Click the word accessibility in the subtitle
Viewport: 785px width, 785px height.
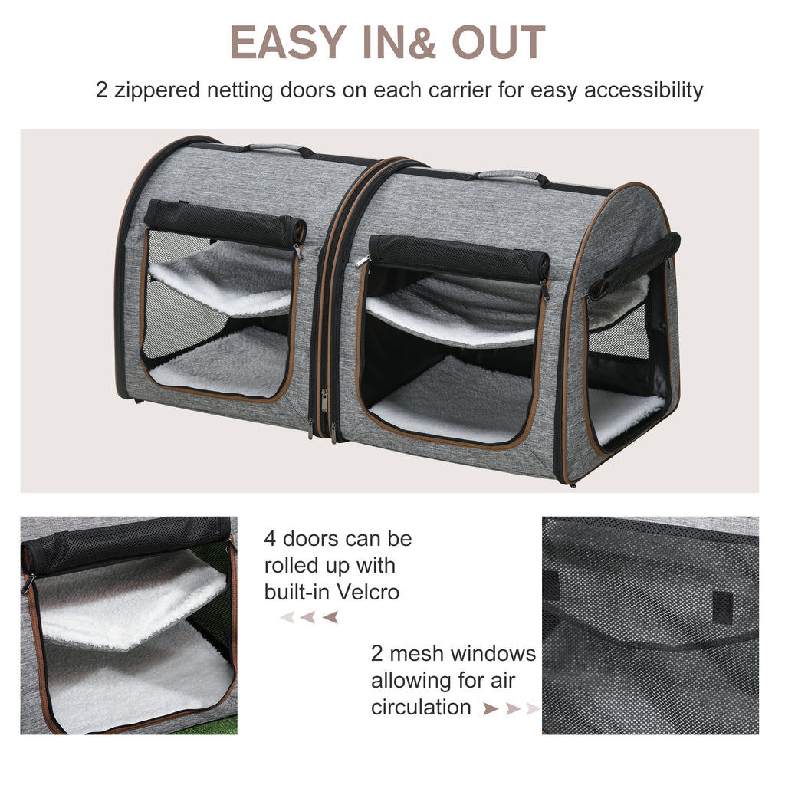pos(643,90)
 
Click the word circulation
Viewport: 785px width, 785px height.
pos(421,707)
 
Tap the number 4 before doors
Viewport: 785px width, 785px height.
pos(270,539)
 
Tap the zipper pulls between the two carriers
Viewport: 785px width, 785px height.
pos(324,410)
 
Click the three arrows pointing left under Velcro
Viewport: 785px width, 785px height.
pos(309,617)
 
